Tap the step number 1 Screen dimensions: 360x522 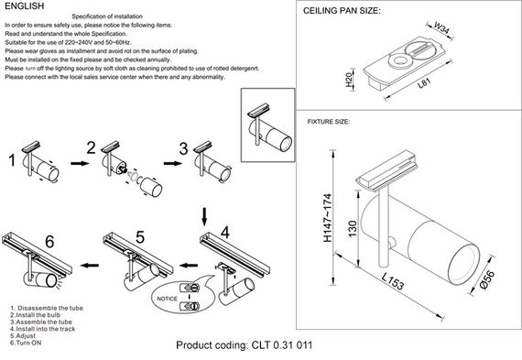(x=11, y=162)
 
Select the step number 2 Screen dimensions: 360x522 (x=91, y=148)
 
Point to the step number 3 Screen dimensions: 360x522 (x=183, y=148)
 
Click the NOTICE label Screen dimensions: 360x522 (x=168, y=298)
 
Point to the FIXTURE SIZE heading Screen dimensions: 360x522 (x=330, y=121)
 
